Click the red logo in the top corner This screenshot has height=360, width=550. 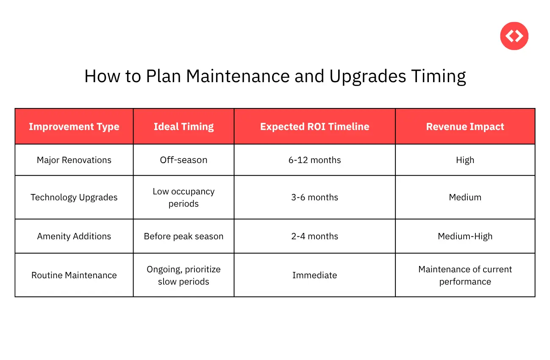(514, 36)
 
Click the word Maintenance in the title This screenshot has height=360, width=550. (238, 77)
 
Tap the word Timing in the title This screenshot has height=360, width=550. (439, 77)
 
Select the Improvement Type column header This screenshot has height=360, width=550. (74, 127)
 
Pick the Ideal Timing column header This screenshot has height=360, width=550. (183, 127)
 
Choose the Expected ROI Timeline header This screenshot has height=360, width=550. (314, 127)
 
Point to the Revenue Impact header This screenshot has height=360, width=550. (465, 127)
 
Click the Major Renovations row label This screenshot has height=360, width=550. (74, 160)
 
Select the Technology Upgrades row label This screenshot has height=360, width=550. (74, 197)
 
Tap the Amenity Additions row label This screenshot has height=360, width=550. (74, 236)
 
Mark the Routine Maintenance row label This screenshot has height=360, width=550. (74, 275)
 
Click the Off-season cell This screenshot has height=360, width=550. (183, 160)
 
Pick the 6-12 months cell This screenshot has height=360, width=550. (314, 160)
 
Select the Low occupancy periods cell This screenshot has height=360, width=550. (183, 197)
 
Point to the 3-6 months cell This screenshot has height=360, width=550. (314, 197)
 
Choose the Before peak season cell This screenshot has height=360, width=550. (183, 236)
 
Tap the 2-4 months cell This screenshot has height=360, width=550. (314, 236)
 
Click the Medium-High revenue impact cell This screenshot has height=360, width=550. (465, 236)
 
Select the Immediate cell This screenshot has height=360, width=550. (314, 275)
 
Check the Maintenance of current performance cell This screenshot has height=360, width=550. (465, 275)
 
